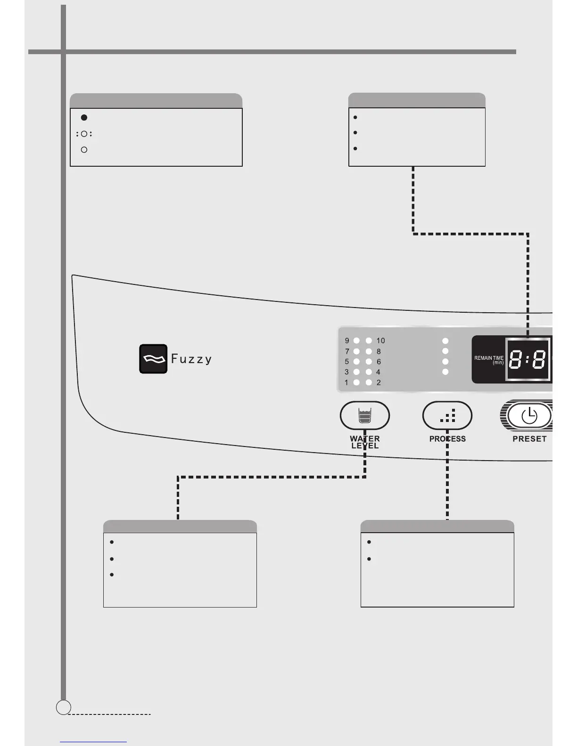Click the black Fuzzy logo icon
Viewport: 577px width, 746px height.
point(153,359)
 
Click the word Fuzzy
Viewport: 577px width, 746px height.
point(191,359)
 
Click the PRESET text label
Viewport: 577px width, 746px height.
point(529,439)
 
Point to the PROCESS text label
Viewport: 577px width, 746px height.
point(447,439)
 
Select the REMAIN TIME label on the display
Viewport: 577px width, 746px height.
point(489,360)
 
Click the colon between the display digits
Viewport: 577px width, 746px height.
point(528,361)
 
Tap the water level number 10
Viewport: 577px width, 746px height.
point(380,341)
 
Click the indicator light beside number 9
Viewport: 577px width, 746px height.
point(357,341)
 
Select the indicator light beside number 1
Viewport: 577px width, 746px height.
point(357,382)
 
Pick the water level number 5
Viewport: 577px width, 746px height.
point(347,362)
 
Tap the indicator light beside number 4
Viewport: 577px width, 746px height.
point(369,372)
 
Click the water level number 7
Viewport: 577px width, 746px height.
point(347,351)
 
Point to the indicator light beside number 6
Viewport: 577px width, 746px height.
point(369,362)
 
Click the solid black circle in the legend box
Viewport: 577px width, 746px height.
point(84,117)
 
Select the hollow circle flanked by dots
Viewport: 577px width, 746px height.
point(84,134)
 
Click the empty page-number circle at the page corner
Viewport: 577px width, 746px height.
point(63,707)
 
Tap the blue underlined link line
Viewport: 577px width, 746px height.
point(93,742)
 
